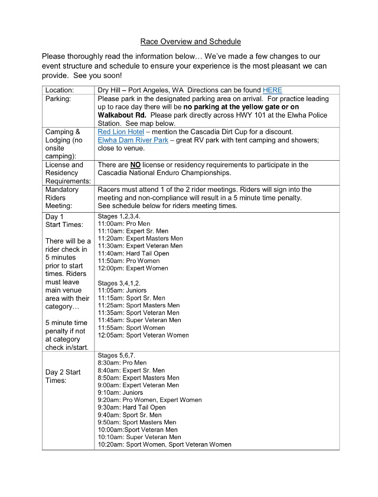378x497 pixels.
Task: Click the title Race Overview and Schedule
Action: coord(190,41)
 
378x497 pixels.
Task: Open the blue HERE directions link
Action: coord(272,90)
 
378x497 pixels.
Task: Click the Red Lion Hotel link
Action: coord(120,131)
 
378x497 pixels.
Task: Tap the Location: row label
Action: coord(61,90)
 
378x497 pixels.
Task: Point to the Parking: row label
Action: coord(58,99)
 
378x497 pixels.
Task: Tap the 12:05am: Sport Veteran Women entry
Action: coord(144,335)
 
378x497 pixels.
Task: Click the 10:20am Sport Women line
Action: coord(164,444)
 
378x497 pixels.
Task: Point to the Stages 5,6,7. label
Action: coord(116,355)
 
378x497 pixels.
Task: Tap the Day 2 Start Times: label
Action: coord(63,376)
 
